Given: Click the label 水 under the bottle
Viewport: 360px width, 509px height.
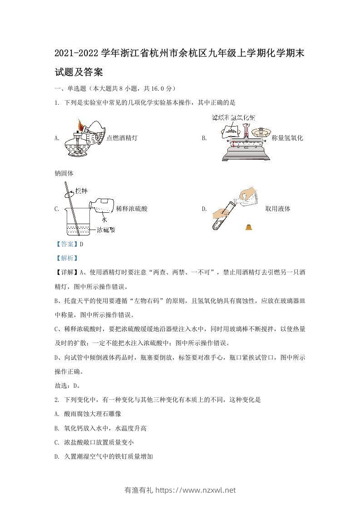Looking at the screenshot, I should click(104, 219).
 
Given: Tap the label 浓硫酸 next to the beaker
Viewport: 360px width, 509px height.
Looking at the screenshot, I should click(106, 230).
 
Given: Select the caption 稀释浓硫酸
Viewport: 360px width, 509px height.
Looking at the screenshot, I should click(132, 209).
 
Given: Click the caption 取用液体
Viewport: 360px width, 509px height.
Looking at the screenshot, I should click(278, 209).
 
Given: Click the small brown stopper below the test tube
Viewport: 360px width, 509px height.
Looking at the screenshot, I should click(249, 227).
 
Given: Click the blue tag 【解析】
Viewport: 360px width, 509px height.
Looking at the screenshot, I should click(66, 258).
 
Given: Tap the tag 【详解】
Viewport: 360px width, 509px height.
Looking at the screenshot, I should click(66, 273).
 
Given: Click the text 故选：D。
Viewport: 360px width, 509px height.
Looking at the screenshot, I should click(68, 386).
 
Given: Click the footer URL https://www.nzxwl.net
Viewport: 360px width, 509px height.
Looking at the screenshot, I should click(196, 490).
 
